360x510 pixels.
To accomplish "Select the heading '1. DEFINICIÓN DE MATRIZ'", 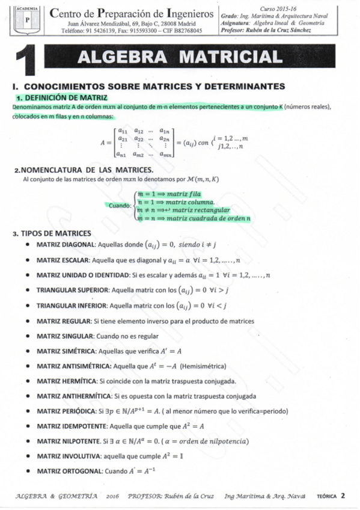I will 62,97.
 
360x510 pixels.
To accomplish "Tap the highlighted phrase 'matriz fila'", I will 185,195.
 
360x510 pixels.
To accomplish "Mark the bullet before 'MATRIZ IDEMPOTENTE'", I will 29,426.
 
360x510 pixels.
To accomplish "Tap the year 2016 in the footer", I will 112,497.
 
